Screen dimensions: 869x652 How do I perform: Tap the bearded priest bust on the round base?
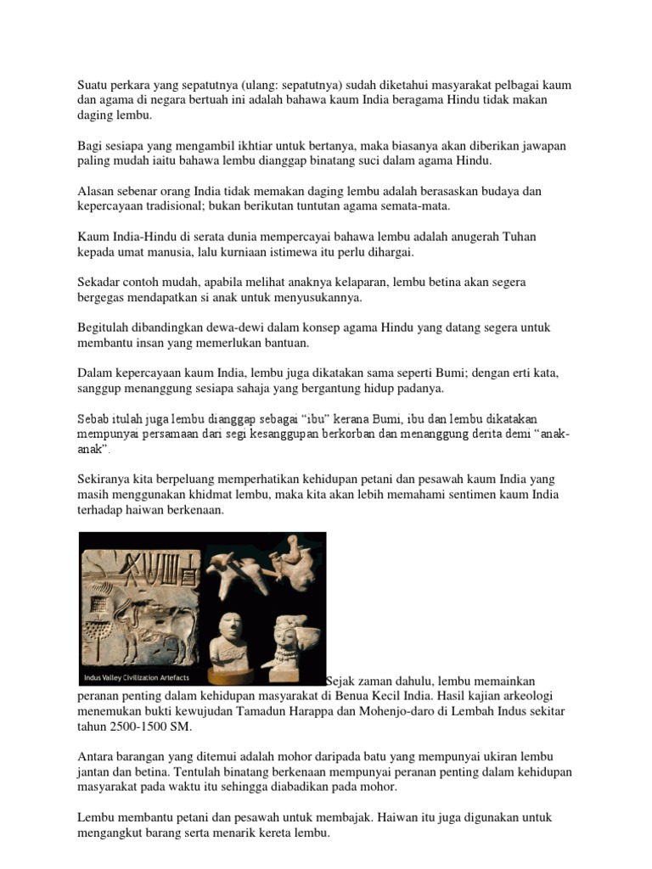[228, 643]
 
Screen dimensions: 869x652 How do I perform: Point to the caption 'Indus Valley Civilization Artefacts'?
[137, 678]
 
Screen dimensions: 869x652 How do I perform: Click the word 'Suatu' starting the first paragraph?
[93, 86]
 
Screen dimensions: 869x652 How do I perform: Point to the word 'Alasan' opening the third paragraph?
[96, 193]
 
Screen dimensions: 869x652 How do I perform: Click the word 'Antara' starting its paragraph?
[96, 756]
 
